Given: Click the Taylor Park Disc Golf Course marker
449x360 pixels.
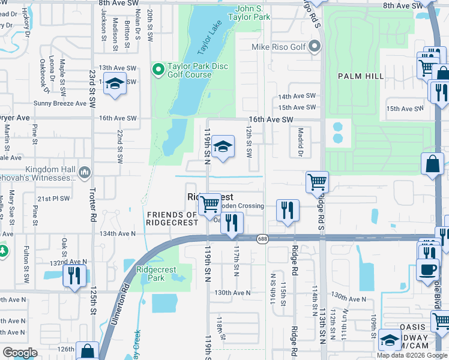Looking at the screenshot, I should (x=158, y=70).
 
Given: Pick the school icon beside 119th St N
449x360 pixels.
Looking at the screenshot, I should (x=223, y=146).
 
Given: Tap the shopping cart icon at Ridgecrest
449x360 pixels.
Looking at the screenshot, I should (x=209, y=204).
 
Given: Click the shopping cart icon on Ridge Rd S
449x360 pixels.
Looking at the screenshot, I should (x=317, y=181).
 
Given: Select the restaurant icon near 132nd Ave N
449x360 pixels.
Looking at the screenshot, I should (x=74, y=276).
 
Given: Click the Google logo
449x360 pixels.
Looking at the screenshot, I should (x=20, y=353).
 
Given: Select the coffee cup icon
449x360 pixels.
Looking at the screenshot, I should (x=427, y=269).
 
